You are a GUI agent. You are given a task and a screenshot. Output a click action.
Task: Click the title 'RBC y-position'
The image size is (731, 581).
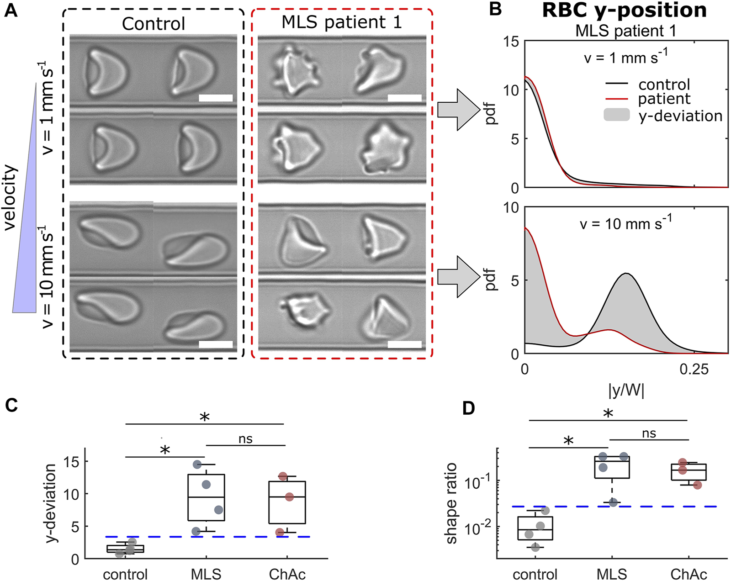tap(624, 10)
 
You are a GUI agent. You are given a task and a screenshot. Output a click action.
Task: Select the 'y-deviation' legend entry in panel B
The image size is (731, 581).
tap(680, 116)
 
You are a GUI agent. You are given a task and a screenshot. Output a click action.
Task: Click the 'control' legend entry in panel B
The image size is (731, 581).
tap(664, 85)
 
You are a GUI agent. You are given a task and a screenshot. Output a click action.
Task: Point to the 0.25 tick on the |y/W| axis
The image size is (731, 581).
tap(694, 369)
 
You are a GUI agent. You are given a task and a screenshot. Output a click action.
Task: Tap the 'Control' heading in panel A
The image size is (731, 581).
tap(154, 24)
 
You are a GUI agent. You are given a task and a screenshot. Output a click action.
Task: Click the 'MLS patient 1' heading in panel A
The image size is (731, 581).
tap(341, 22)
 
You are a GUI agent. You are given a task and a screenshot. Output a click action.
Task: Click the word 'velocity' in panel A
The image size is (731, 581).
tap(10, 197)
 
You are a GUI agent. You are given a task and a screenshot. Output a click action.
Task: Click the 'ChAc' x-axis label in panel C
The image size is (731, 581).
tap(287, 574)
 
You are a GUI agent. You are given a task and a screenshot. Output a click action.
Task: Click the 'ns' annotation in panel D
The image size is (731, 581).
tap(649, 433)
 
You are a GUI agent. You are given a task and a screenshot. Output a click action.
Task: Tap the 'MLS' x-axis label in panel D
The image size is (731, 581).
tap(612, 574)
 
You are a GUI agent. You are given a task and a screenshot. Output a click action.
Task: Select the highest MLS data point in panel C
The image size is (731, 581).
tap(197, 465)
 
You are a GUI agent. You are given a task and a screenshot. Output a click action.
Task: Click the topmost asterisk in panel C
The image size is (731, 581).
tap(204, 417)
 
